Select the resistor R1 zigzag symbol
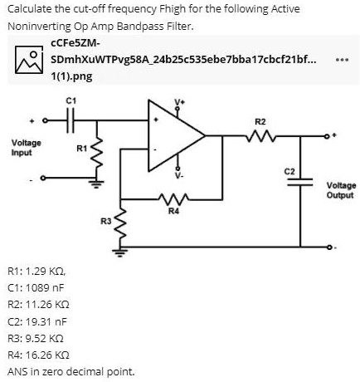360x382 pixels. (x=99, y=153)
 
